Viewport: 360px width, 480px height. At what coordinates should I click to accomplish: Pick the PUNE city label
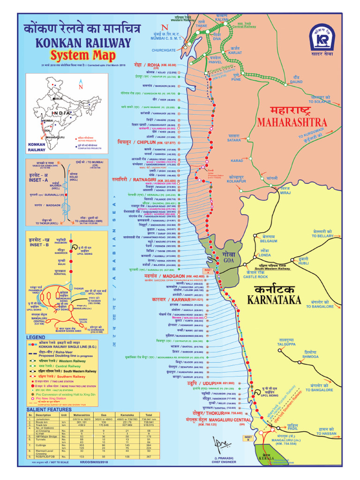tap(237, 80)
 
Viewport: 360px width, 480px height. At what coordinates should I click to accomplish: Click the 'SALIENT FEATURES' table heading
tap(49, 409)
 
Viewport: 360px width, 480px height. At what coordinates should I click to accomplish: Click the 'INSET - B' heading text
tap(39, 244)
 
